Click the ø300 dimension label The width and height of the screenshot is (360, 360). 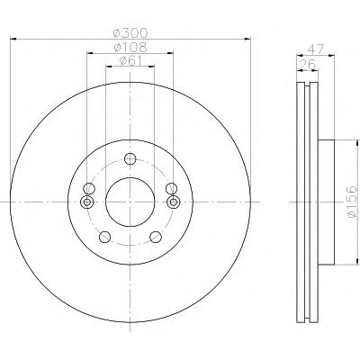(130, 32)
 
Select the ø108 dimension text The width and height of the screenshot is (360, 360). (130, 47)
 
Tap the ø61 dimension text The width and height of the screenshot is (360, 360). (130, 60)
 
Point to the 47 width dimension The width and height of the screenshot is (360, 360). (316, 49)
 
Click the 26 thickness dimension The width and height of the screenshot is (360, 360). (307, 65)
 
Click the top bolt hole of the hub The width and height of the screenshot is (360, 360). (130, 158)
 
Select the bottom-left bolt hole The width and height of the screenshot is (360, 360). (104, 237)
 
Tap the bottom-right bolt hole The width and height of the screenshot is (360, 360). (156, 237)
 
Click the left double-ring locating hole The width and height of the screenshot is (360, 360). (87, 202)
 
